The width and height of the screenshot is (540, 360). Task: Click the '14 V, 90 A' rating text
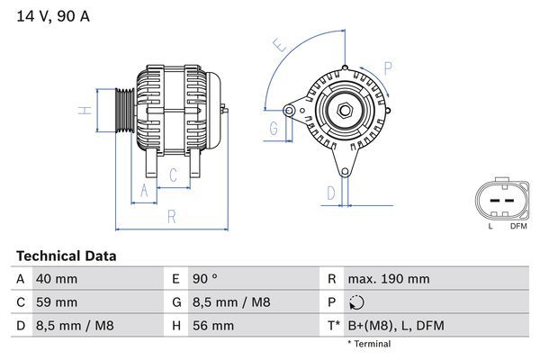pyautogui.click(x=51, y=15)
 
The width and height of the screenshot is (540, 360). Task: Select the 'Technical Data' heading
pyautogui.click(x=67, y=256)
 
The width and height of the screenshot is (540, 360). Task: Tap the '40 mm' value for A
pyautogui.click(x=56, y=279)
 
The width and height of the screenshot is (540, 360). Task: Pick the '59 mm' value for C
pyautogui.click(x=56, y=302)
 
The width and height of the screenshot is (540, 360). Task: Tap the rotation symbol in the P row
pyautogui.click(x=357, y=302)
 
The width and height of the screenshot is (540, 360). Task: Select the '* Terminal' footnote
pyautogui.click(x=369, y=344)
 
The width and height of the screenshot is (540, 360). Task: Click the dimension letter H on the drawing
pyautogui.click(x=84, y=111)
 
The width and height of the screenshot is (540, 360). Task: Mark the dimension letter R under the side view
pyautogui.click(x=170, y=216)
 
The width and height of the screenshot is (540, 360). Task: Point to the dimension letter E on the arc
pyautogui.click(x=280, y=45)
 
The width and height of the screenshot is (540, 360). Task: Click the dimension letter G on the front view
pyautogui.click(x=273, y=128)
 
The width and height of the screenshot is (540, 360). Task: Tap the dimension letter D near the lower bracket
pyautogui.click(x=331, y=192)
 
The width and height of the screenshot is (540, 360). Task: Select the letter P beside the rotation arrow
pyautogui.click(x=387, y=66)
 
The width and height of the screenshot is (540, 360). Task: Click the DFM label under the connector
pyautogui.click(x=518, y=226)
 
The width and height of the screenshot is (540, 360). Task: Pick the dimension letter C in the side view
pyautogui.click(x=173, y=176)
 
